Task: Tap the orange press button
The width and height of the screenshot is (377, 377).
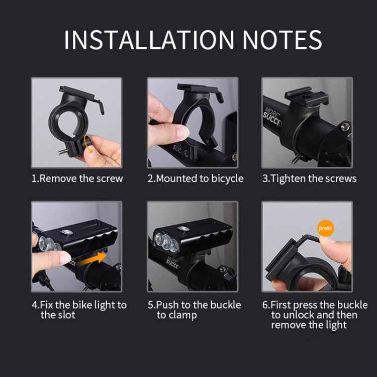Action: coord(325,228)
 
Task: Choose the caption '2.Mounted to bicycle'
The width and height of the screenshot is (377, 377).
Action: coord(195,178)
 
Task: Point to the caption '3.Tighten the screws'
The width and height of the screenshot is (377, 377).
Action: coord(309,178)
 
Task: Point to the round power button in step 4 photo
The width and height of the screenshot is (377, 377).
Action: coord(66,233)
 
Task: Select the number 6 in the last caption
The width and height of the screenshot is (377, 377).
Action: coord(265,305)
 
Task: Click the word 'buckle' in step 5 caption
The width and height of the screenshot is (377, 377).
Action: coord(225,305)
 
